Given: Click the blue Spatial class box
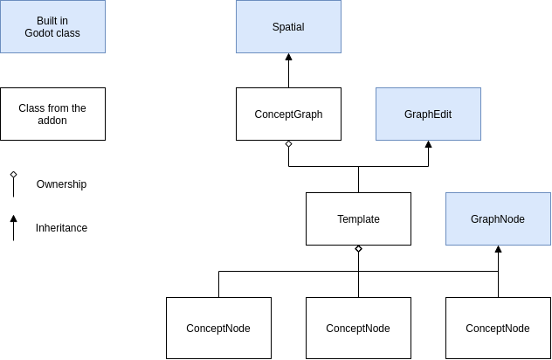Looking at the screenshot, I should click(288, 26).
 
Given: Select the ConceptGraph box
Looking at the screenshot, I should click(288, 114).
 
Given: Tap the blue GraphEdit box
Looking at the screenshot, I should click(428, 114).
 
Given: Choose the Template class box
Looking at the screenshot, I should click(358, 218).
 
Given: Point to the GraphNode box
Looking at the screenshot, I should click(498, 218).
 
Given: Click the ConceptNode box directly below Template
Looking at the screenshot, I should click(358, 328).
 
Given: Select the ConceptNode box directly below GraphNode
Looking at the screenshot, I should click(498, 328).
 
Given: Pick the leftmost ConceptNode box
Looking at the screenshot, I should click(218, 328).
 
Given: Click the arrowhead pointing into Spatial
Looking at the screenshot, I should click(288, 57).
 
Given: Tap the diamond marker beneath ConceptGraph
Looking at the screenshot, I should click(288, 144).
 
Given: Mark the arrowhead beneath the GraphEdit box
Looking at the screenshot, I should click(428, 144).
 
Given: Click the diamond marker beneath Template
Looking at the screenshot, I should click(358, 249).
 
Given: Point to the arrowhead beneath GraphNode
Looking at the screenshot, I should click(498, 249).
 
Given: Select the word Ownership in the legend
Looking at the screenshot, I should click(61, 184).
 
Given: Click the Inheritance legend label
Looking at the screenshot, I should click(61, 228).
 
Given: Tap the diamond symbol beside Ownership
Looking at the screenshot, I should click(13, 175).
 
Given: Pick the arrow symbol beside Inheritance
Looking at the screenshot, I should click(13, 219).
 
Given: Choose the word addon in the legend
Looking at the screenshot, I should click(52, 121).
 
